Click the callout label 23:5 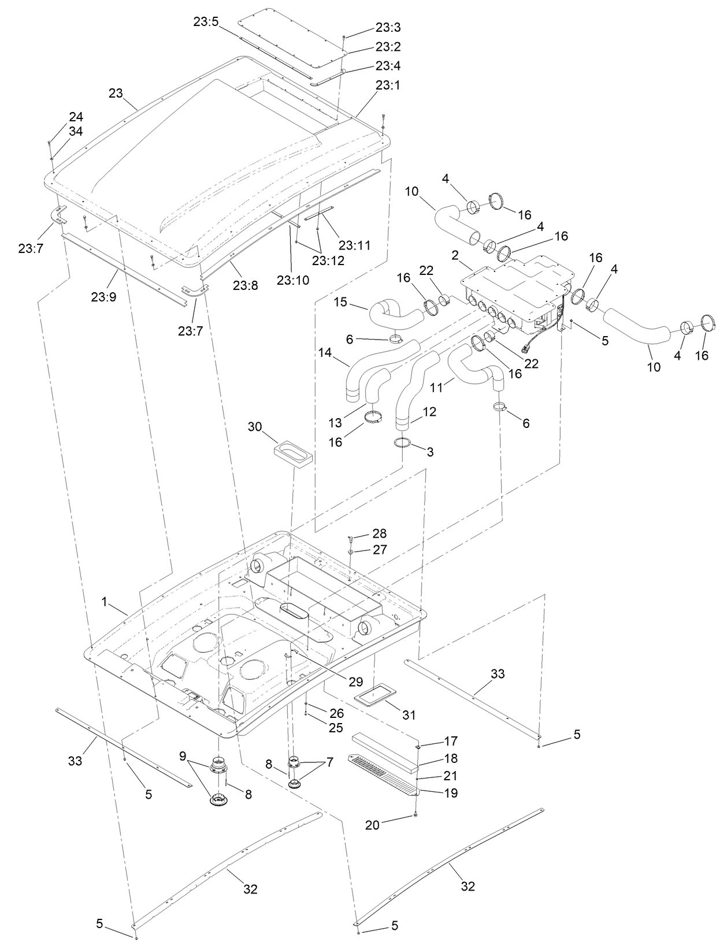[206, 22]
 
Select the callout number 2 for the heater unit [455, 255]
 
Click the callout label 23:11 [354, 245]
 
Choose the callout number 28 [380, 533]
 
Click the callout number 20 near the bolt [372, 825]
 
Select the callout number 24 [76, 117]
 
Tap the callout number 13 [335, 423]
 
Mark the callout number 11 [437, 387]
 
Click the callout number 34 [76, 132]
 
